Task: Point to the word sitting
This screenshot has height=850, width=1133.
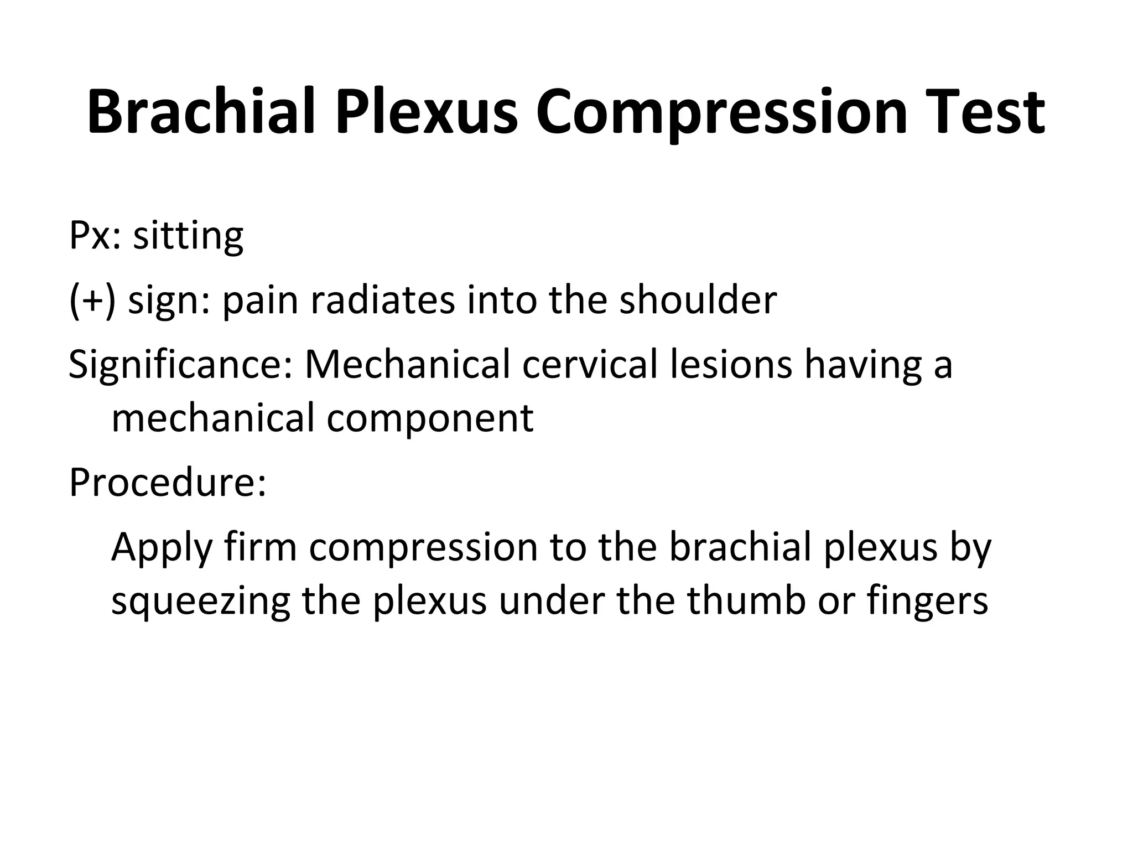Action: pos(188,236)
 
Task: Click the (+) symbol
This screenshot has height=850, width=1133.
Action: pos(92,300)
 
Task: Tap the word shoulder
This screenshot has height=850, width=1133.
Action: pos(698,299)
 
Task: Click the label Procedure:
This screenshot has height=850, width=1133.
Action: pos(168,482)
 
